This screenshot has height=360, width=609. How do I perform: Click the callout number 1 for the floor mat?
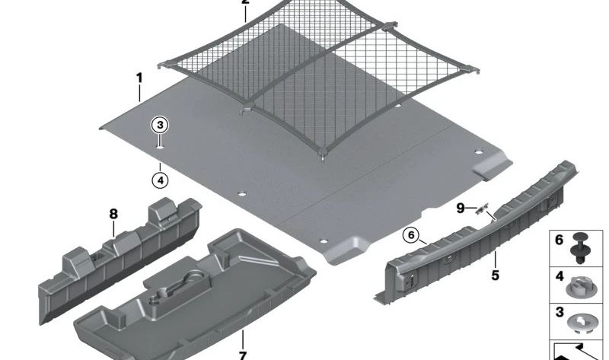tap(139, 78)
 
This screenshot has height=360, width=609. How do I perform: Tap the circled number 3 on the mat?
tap(160, 126)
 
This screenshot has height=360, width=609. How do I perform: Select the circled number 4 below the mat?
tap(160, 180)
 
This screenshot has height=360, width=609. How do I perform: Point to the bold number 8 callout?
tap(113, 214)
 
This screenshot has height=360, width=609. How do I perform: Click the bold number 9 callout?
tap(461, 209)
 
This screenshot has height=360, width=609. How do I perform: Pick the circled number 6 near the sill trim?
tap(411, 235)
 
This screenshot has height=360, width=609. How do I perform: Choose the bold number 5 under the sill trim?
tap(495, 276)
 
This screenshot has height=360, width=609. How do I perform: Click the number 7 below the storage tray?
tap(242, 355)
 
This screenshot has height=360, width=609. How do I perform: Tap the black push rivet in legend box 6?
tap(579, 248)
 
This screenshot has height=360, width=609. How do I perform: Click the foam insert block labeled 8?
tap(120, 260)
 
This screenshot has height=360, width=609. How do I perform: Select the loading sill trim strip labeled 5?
tap(474, 233)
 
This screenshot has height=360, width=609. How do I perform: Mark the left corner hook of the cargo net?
tap(163, 65)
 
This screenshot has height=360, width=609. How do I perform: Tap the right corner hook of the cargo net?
tap(473, 70)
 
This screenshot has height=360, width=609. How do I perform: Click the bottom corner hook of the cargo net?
tap(322, 155)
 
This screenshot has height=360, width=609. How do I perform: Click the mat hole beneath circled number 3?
tap(160, 147)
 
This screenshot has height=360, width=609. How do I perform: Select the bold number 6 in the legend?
tap(559, 240)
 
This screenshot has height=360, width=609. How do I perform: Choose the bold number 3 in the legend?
tap(560, 312)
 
